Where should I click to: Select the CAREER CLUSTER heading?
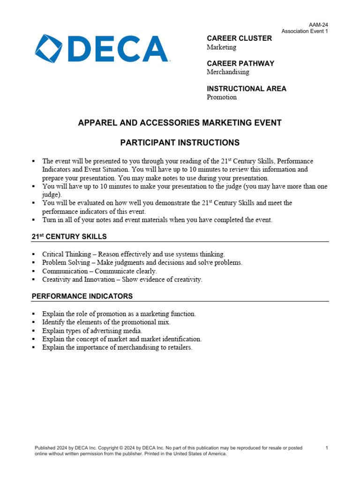[239, 38]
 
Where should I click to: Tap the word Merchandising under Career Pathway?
[228, 72]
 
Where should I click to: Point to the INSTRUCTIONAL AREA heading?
[247, 89]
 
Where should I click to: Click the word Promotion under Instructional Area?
[222, 97]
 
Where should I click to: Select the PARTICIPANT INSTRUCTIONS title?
[180, 142]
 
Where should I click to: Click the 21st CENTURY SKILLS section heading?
[69, 237]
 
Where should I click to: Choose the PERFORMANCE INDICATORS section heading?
[82, 296]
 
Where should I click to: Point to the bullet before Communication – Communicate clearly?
[33, 271]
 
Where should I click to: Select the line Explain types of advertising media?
[92, 330]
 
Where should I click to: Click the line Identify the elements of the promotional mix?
[106, 322]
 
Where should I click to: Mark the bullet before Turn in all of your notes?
[33, 220]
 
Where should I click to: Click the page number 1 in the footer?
[327, 448]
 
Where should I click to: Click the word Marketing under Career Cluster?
[222, 47]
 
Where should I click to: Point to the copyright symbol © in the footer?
[130, 448]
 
